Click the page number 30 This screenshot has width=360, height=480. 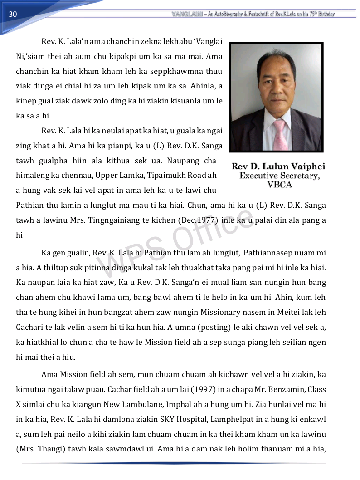(x=13, y=14)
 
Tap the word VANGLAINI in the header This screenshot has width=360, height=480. (x=187, y=14)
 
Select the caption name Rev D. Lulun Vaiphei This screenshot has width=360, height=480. (x=278, y=167)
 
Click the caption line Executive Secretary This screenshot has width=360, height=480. (x=279, y=176)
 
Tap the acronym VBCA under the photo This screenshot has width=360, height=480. (x=279, y=185)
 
